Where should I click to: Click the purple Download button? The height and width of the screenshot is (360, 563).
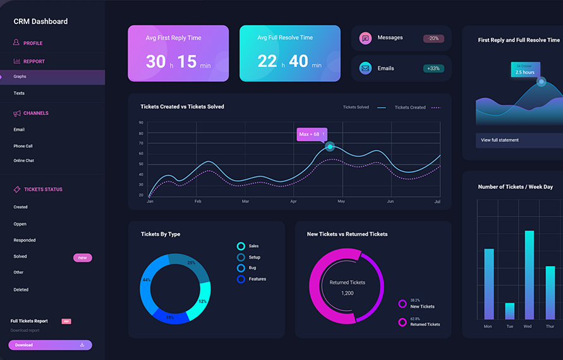pos(50,345)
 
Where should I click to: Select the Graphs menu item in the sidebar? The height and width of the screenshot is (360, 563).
pos(20,76)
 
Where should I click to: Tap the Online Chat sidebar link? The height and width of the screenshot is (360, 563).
pos(24,160)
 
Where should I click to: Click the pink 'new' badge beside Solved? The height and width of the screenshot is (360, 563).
pos(83,258)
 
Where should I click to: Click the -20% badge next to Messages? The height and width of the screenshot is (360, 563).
pos(433,39)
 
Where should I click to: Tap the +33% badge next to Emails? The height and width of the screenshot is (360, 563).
pos(433,68)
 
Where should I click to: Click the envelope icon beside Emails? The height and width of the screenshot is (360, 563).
pos(365,68)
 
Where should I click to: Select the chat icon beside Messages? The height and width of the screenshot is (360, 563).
pos(365,39)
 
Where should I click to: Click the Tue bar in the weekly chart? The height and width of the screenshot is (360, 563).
pos(509,311)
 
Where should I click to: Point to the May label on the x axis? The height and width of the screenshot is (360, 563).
pos(341,201)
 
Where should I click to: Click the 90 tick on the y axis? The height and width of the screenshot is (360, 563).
pos(141,123)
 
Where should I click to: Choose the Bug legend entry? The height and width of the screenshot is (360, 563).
pos(253,268)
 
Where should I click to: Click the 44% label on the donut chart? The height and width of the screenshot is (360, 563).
pos(147,280)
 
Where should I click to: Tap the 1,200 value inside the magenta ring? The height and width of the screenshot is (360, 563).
pos(348,293)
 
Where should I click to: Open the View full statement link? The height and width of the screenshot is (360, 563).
pos(500,140)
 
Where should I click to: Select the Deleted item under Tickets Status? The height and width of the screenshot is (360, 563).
pos(21,290)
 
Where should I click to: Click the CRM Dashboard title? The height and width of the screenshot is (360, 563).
pos(40,21)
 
